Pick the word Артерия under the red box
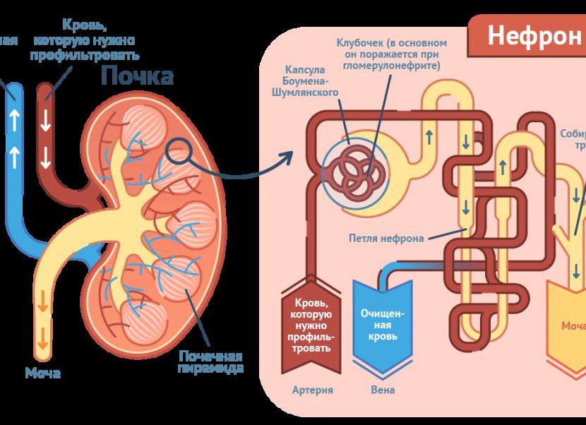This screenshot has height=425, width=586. point(312,390)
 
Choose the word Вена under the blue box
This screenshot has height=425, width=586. point(382,390)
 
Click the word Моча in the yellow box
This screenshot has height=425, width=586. point(573,326)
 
